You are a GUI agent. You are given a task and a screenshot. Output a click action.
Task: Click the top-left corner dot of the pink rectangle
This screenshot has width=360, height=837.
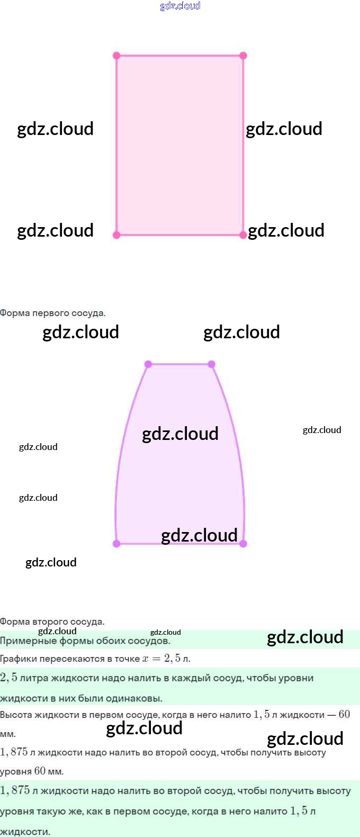coord(117,56)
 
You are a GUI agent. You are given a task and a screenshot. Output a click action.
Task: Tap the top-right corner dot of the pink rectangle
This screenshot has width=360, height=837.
coord(243,56)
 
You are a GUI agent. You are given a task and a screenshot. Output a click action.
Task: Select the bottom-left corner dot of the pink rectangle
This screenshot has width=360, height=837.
coord(117,235)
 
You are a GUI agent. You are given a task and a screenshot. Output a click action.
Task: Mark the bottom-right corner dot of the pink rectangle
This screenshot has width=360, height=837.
coord(243,235)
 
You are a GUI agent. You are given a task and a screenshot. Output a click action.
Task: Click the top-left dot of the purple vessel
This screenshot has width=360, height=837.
coord(148,364)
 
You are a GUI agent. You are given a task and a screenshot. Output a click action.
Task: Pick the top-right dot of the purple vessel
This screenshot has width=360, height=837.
coord(212,364)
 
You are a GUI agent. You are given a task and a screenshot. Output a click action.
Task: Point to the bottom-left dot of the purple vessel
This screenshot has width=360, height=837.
coord(117,544)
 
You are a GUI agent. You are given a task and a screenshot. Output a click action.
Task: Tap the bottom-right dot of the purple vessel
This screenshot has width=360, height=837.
coord(243,544)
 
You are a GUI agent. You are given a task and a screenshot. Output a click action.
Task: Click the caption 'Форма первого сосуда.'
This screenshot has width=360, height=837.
coord(52,313)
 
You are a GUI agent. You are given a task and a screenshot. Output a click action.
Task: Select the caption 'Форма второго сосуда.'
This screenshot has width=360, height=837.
coord(52,622)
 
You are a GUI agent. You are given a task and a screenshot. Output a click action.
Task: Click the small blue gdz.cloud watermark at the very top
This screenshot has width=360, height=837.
coord(180,6)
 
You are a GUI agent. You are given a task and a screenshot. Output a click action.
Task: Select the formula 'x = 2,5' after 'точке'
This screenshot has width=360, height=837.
coord(161,659)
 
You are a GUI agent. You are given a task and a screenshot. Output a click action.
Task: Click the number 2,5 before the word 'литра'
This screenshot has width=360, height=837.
coord(8,678)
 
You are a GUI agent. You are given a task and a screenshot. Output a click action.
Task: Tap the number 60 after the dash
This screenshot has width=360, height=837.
coord(344,714)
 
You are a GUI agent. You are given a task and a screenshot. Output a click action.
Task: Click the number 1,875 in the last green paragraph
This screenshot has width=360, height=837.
coord(14,790)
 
